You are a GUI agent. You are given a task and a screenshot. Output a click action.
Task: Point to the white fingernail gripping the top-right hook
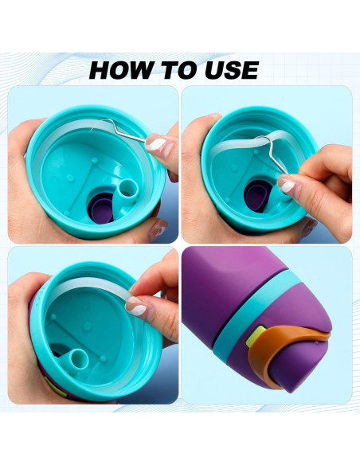pos(286,185)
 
